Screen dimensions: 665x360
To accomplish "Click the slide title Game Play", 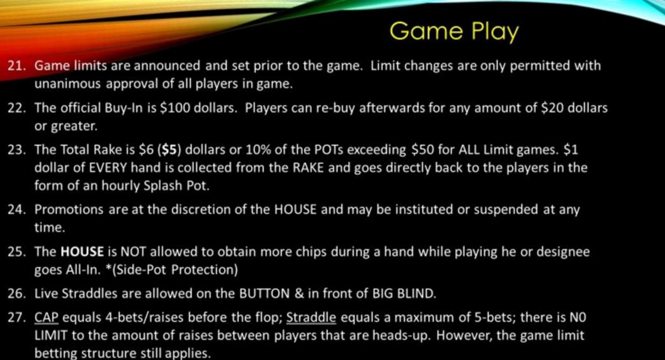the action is tap(454, 32).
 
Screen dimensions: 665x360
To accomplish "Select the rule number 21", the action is tap(17, 66).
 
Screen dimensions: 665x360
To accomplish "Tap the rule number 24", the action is tap(17, 210).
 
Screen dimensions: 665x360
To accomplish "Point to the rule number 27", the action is tap(17, 317).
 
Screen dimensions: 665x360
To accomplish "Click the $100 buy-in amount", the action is tap(174, 108).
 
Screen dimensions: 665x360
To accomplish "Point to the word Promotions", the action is tap(69, 210).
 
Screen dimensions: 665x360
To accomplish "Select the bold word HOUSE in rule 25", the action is tap(82, 252).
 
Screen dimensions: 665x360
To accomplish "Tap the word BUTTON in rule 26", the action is tap(265, 293).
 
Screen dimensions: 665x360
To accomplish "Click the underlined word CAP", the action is tap(47, 318).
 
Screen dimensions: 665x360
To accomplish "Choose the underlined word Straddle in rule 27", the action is tap(311, 318).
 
